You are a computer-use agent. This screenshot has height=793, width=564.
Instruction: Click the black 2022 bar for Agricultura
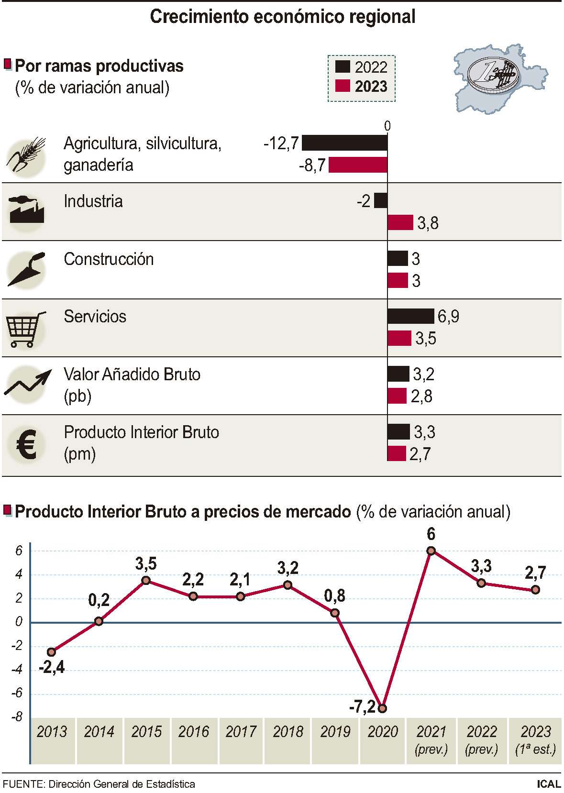coord(344,143)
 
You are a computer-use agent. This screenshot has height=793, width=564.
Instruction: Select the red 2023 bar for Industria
coord(400,222)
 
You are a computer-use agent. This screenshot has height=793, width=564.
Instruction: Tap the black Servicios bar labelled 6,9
coord(410,316)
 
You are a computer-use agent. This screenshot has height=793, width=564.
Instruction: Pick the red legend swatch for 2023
coord(343,86)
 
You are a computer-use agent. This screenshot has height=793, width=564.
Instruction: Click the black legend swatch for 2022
coord(343,67)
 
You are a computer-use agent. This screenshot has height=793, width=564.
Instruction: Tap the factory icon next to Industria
coord(27,210)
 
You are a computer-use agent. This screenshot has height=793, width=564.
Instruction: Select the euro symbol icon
coord(26,444)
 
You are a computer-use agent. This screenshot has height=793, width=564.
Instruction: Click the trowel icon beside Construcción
coord(26,270)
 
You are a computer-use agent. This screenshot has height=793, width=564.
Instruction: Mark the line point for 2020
coord(382,708)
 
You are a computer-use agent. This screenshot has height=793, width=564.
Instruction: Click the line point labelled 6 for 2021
coord(431,551)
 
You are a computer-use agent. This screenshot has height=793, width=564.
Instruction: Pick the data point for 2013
coord(52,651)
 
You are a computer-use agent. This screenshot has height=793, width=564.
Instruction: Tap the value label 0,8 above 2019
coord(335,595)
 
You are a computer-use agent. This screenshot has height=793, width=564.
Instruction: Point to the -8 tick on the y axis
coord(18,716)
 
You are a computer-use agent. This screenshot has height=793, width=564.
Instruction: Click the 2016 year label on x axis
coord(194,731)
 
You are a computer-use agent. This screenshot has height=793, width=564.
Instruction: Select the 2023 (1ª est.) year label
coord(535,739)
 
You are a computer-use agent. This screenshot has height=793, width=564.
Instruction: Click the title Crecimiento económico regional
coord(282,17)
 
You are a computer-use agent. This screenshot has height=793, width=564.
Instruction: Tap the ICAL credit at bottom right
coord(548,784)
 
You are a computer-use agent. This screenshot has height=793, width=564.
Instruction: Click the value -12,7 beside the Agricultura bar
coord(281,143)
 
